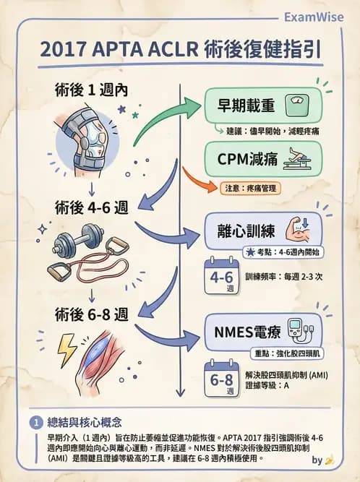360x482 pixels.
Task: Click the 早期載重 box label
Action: (x=246, y=105)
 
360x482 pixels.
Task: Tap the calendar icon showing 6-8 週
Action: (x=220, y=379)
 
